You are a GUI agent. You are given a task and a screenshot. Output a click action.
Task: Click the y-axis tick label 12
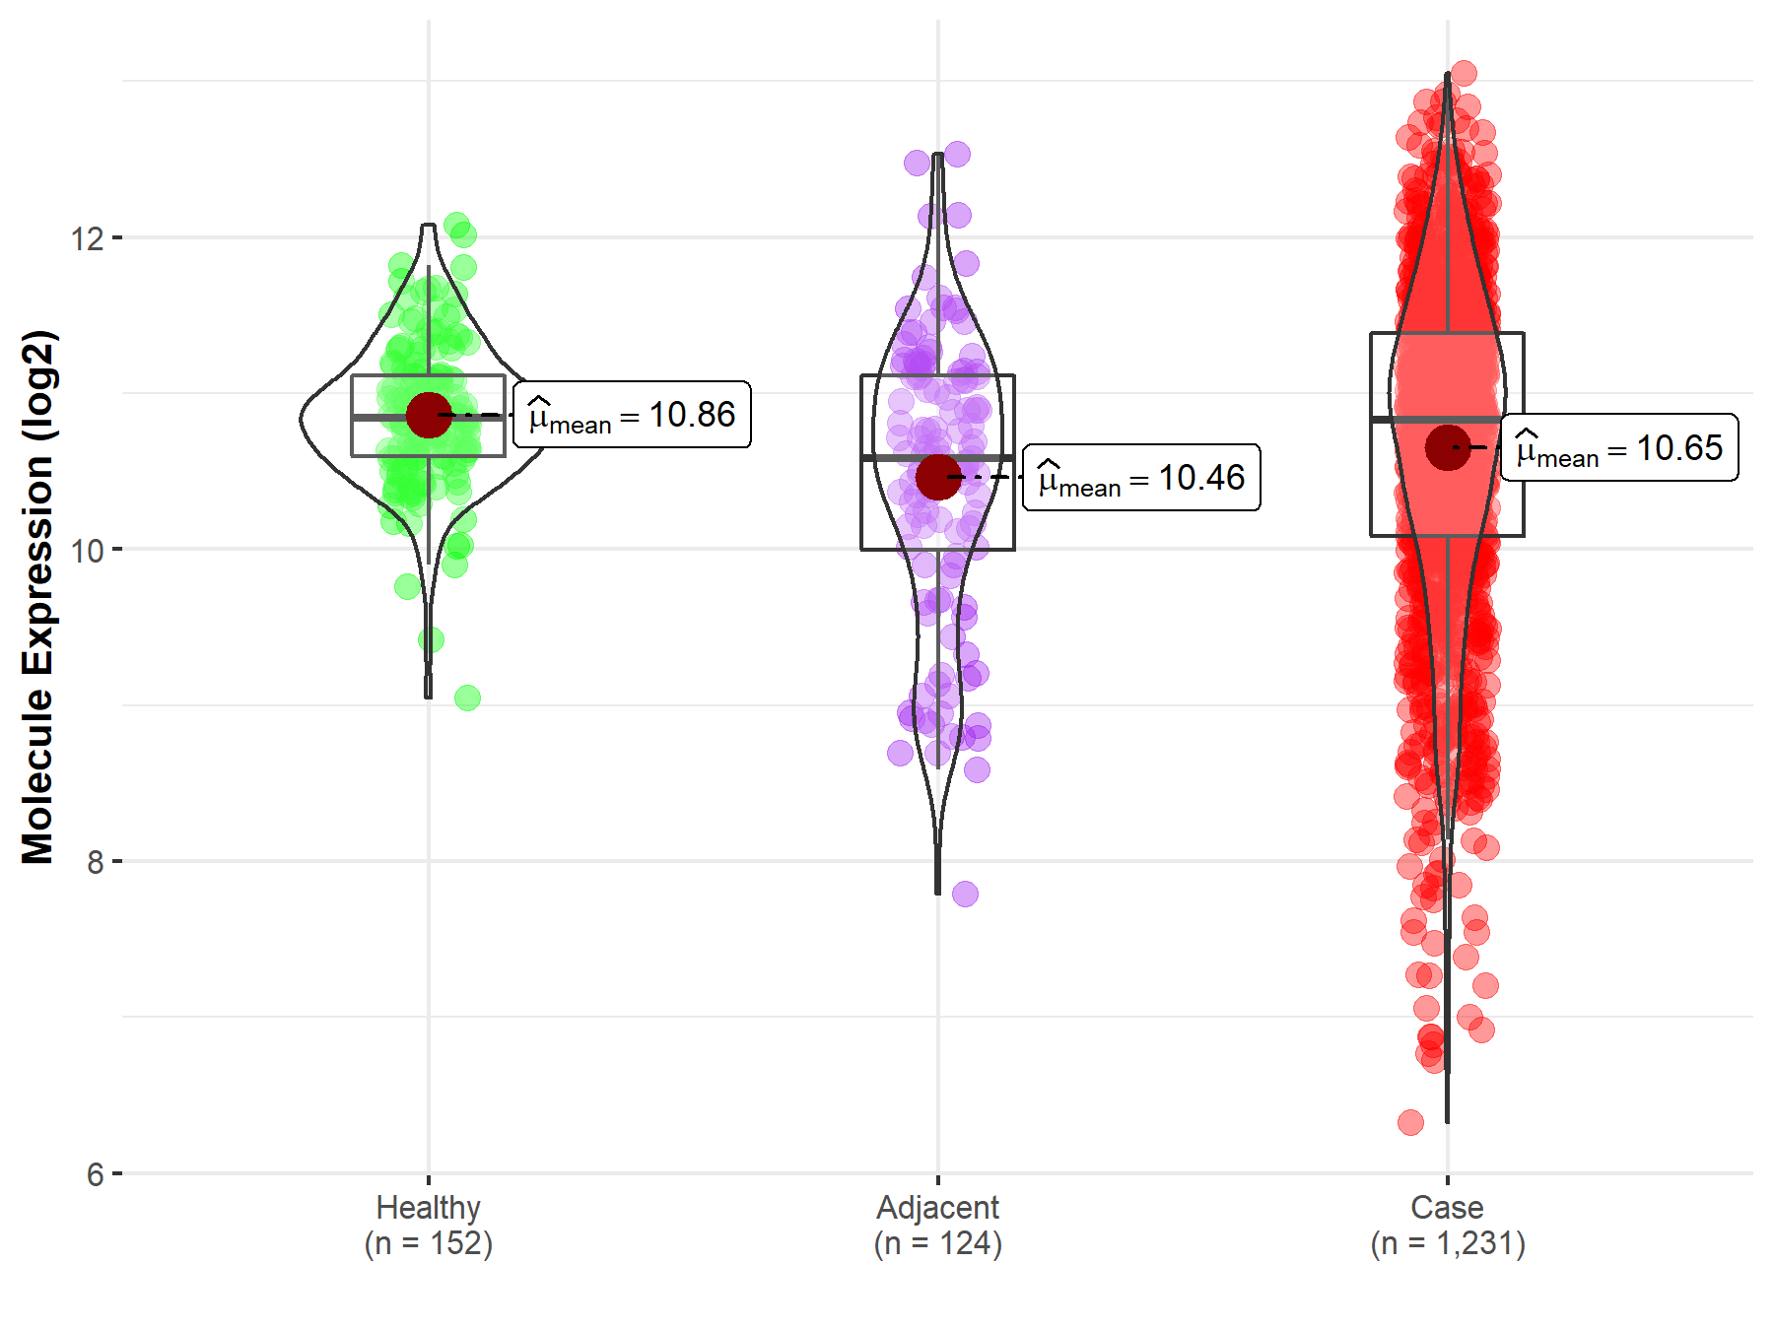pyautogui.click(x=87, y=238)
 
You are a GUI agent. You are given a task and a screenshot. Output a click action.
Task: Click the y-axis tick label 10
pyautogui.click(x=87, y=551)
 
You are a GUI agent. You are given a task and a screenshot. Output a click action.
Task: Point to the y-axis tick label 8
pyautogui.click(x=95, y=863)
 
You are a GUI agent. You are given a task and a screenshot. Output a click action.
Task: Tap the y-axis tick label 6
pyautogui.click(x=95, y=1174)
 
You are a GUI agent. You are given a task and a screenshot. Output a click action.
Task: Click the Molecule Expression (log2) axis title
pyautogui.click(x=37, y=597)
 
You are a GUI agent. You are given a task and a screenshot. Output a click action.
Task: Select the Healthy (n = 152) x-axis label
pyautogui.click(x=429, y=1226)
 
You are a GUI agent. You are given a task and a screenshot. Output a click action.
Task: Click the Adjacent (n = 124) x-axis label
pyautogui.click(x=937, y=1226)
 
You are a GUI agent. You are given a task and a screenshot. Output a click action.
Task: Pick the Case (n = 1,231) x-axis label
pyautogui.click(x=1447, y=1226)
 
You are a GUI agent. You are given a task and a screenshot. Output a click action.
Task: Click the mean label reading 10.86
pyautogui.click(x=632, y=415)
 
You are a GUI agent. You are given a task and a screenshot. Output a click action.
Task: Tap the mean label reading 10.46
pyautogui.click(x=1141, y=478)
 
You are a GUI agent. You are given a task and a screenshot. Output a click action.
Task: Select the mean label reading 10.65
pyautogui.click(x=1619, y=448)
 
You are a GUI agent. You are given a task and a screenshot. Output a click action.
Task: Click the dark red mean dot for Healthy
pyautogui.click(x=429, y=415)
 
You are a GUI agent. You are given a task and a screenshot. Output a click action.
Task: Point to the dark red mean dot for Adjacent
pyautogui.click(x=937, y=477)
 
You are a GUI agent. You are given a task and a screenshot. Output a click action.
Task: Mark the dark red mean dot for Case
pyautogui.click(x=1447, y=448)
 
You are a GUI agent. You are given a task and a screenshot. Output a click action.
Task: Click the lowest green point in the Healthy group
pyautogui.click(x=467, y=698)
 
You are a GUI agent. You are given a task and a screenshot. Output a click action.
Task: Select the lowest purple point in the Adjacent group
pyautogui.click(x=965, y=894)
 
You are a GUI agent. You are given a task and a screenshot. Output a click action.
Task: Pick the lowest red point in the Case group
pyautogui.click(x=1410, y=1122)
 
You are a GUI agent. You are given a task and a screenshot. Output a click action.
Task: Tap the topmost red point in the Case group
pyautogui.click(x=1464, y=73)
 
